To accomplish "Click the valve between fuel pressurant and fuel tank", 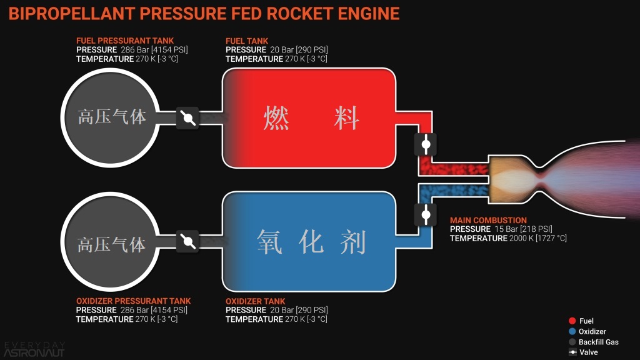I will pyautogui.click(x=187, y=118).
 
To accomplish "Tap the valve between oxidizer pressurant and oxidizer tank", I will pyautogui.click(x=187, y=241).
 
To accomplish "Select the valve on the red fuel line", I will pyautogui.click(x=426, y=144).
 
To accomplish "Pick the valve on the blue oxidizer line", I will pyautogui.click(x=426, y=214).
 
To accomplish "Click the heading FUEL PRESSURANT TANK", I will pyautogui.click(x=125, y=41).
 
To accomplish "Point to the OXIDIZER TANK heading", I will pyautogui.click(x=255, y=301).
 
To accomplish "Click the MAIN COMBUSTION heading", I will pyautogui.click(x=488, y=221).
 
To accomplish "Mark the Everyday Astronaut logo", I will pyautogui.click(x=34, y=348).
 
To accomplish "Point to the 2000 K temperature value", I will pyautogui.click(x=509, y=239).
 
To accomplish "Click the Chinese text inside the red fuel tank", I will pyautogui.click(x=311, y=118).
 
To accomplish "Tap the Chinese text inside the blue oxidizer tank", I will pyautogui.click(x=311, y=241).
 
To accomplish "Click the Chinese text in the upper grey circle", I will pyautogui.click(x=111, y=117).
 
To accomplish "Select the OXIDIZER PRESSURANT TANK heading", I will pyautogui.click(x=133, y=301).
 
